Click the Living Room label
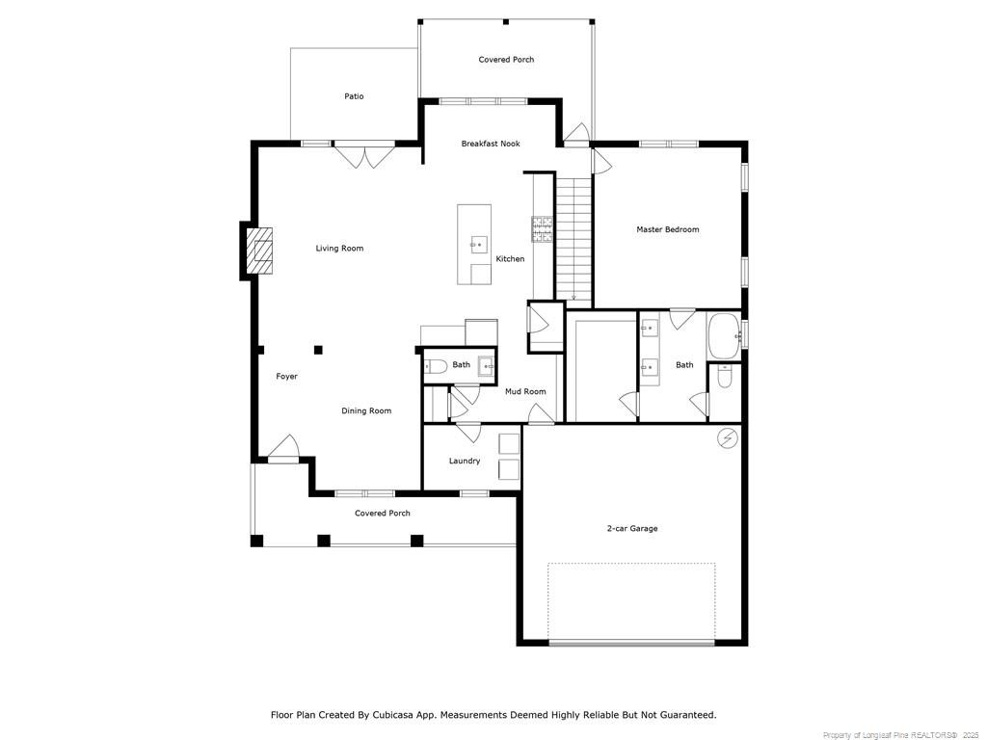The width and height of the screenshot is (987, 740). pyautogui.click(x=339, y=249)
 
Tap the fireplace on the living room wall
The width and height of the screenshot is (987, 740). pyautogui.click(x=258, y=252)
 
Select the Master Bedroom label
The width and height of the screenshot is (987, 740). pyautogui.click(x=667, y=229)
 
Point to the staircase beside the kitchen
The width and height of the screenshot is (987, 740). pyautogui.click(x=574, y=236)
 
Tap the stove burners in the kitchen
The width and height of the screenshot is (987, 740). pyautogui.click(x=543, y=228)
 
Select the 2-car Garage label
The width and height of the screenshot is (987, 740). pyautogui.click(x=632, y=528)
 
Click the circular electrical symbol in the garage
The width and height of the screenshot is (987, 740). pyautogui.click(x=727, y=438)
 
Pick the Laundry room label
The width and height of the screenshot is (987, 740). pyautogui.click(x=465, y=461)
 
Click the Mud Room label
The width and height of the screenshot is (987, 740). pyautogui.click(x=525, y=391)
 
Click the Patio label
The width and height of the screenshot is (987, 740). pyautogui.click(x=354, y=96)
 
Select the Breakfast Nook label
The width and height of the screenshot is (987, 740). pyautogui.click(x=490, y=144)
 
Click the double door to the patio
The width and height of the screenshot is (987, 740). pyautogui.click(x=365, y=154)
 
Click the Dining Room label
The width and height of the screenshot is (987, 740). pyautogui.click(x=366, y=410)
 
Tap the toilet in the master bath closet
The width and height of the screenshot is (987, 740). pyautogui.click(x=724, y=379)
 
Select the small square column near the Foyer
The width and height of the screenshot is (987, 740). pyautogui.click(x=318, y=350)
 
